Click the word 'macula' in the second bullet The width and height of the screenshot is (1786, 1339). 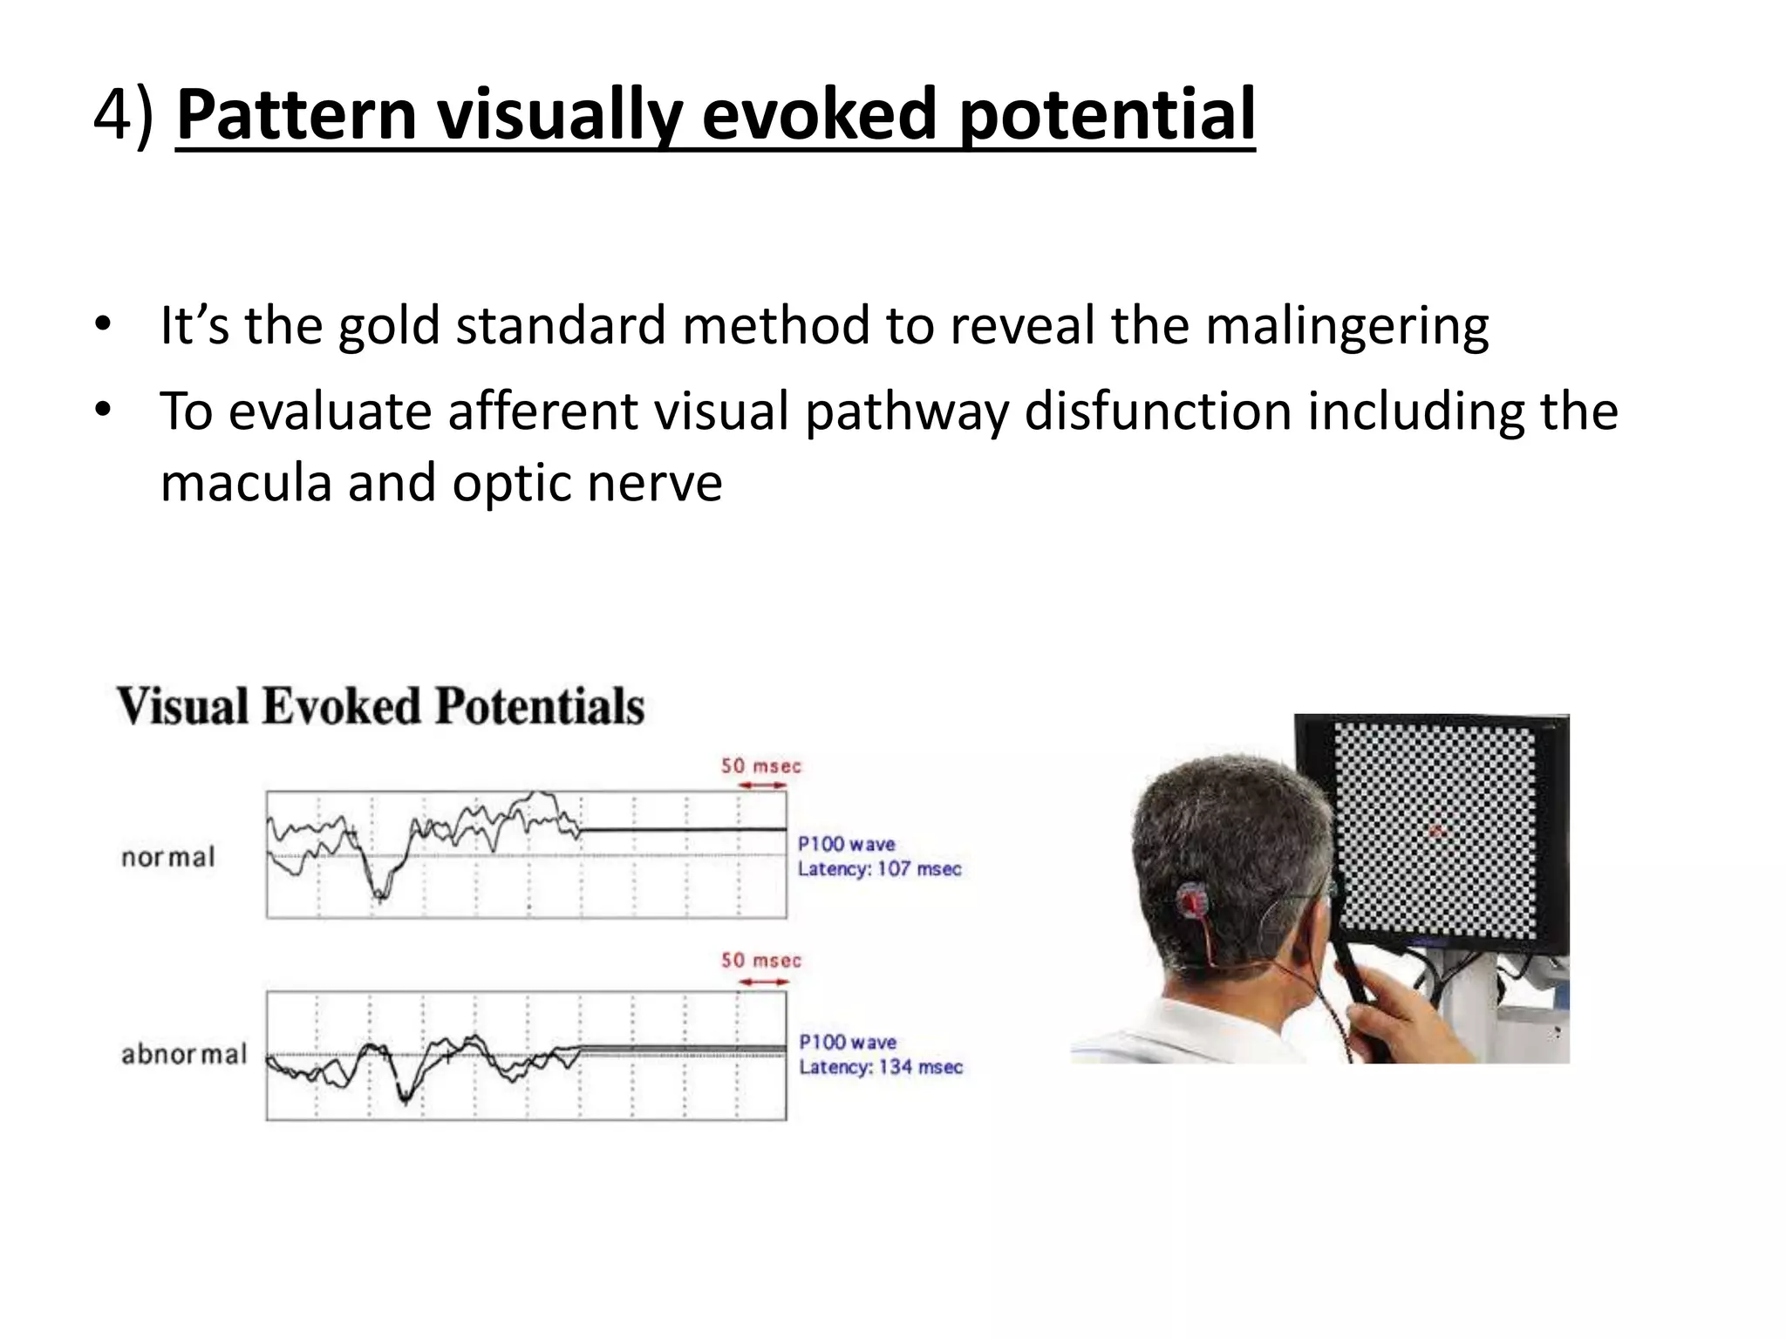click(x=245, y=483)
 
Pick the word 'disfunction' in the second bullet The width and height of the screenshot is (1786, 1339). click(x=1157, y=411)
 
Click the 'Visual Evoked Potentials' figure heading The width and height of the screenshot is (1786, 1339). click(x=381, y=706)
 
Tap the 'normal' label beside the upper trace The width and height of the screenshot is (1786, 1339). click(x=168, y=858)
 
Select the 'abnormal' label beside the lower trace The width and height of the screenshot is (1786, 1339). click(x=184, y=1055)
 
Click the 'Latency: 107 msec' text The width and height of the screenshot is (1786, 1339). click(x=879, y=869)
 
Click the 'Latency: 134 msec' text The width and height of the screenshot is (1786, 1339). click(x=881, y=1067)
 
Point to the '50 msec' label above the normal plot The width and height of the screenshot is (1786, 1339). click(x=760, y=766)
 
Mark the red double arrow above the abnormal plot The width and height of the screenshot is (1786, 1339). click(x=763, y=982)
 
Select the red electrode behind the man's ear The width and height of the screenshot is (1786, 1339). click(x=1190, y=901)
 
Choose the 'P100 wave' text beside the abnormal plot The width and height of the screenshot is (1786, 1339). click(x=848, y=1043)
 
